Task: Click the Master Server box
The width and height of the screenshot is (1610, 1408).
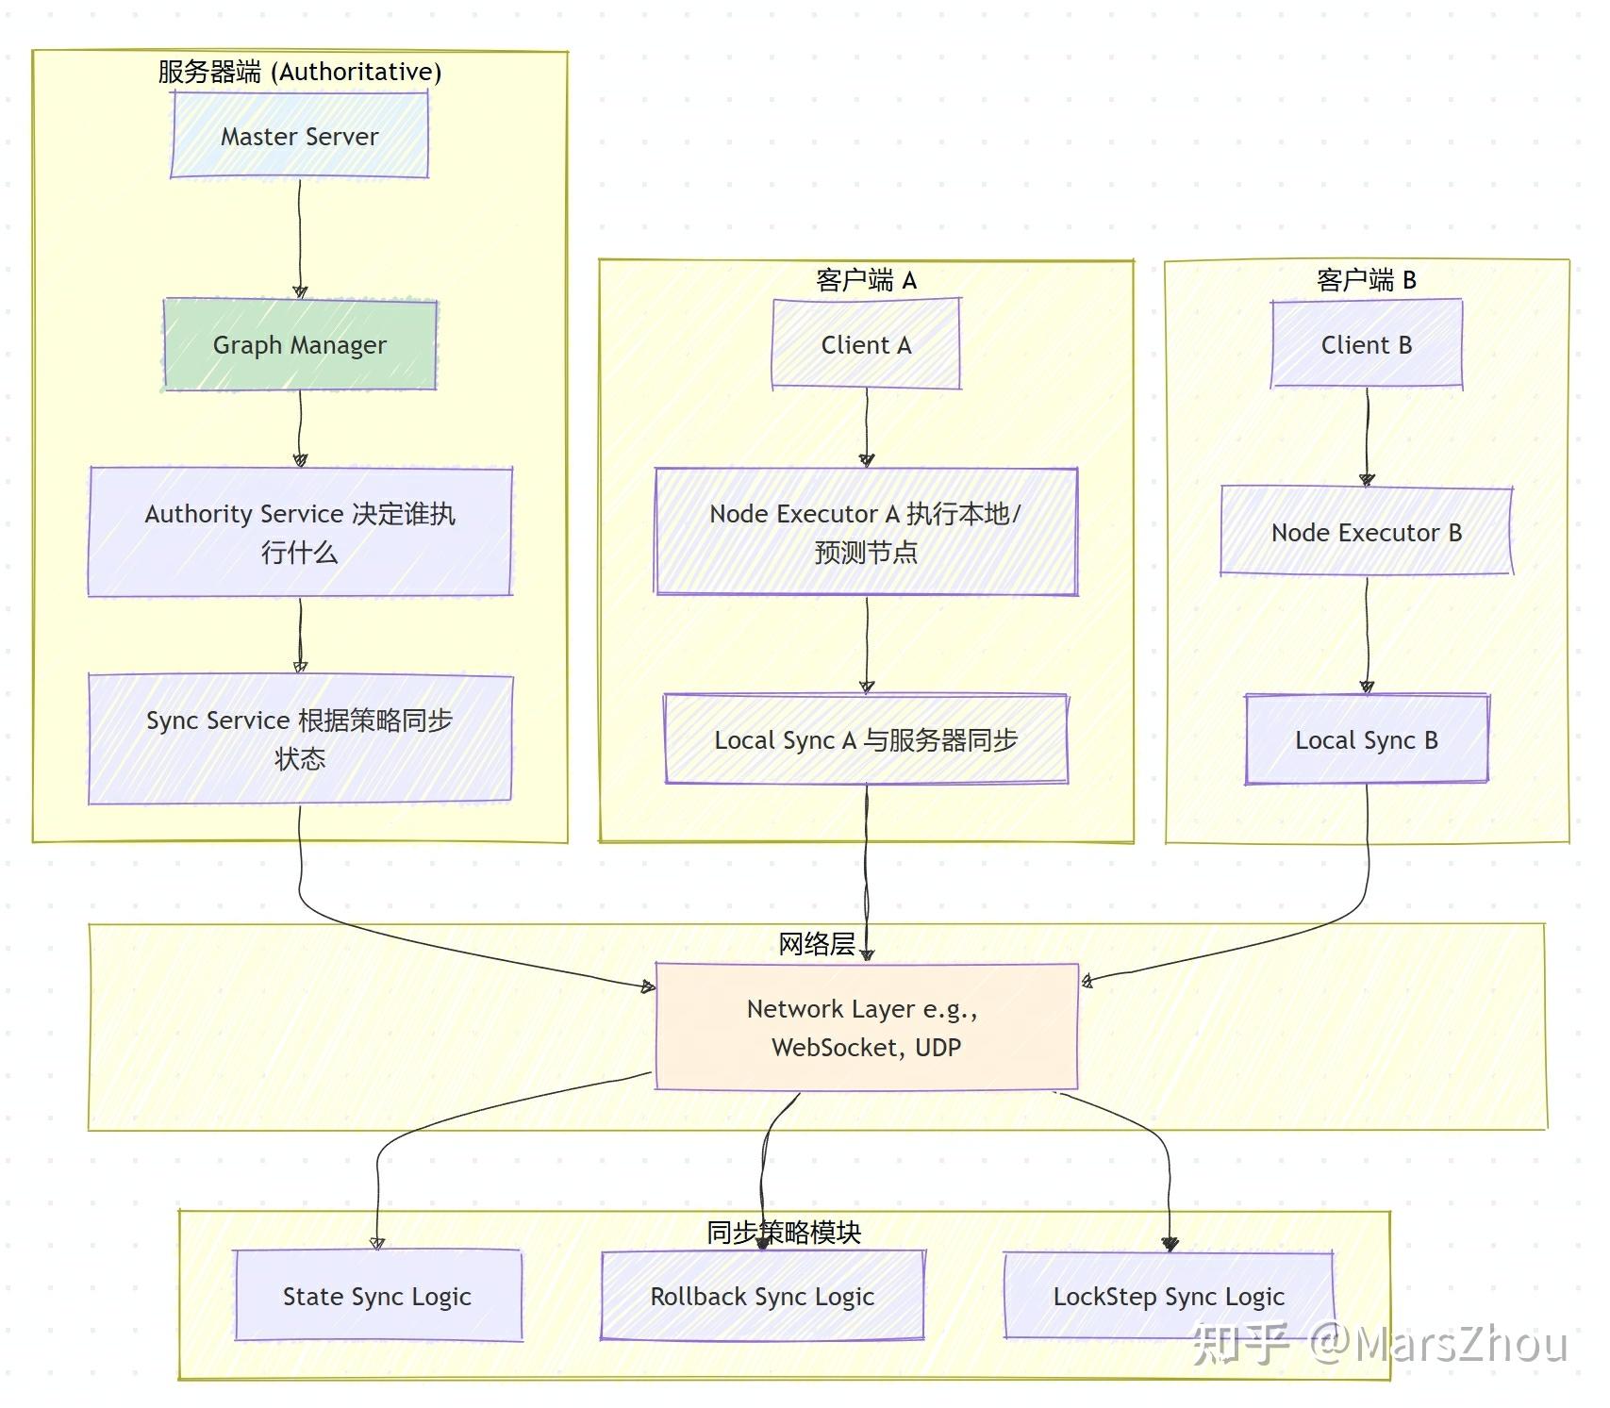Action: (x=299, y=136)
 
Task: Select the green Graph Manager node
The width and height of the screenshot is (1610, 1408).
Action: (x=299, y=344)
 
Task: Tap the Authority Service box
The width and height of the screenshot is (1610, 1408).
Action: (x=299, y=532)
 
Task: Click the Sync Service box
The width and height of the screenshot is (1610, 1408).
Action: (x=299, y=738)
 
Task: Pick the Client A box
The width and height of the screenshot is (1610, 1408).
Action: (x=866, y=344)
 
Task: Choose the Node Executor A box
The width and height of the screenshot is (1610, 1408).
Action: (x=866, y=532)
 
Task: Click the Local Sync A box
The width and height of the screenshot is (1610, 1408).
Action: (x=866, y=739)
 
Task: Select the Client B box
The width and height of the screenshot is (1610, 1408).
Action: (x=1366, y=344)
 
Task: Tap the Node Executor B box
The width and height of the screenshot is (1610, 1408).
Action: (x=1366, y=532)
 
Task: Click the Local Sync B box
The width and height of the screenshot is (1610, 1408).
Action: (x=1366, y=739)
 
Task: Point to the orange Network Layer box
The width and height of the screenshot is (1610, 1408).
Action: (x=866, y=1027)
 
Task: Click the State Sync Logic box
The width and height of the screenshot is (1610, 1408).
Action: (x=377, y=1296)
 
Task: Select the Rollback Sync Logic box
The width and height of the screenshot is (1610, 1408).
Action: (x=762, y=1296)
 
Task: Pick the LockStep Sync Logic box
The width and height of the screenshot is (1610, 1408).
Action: (x=1169, y=1296)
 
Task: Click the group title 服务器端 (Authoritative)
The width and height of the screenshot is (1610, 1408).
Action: (x=299, y=72)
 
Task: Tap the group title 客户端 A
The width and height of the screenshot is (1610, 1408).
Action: (x=866, y=280)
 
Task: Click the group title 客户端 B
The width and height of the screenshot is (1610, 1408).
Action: (x=1366, y=280)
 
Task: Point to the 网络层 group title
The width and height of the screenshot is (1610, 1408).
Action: (x=816, y=944)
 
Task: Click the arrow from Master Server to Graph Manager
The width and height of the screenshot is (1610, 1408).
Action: (x=300, y=236)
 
